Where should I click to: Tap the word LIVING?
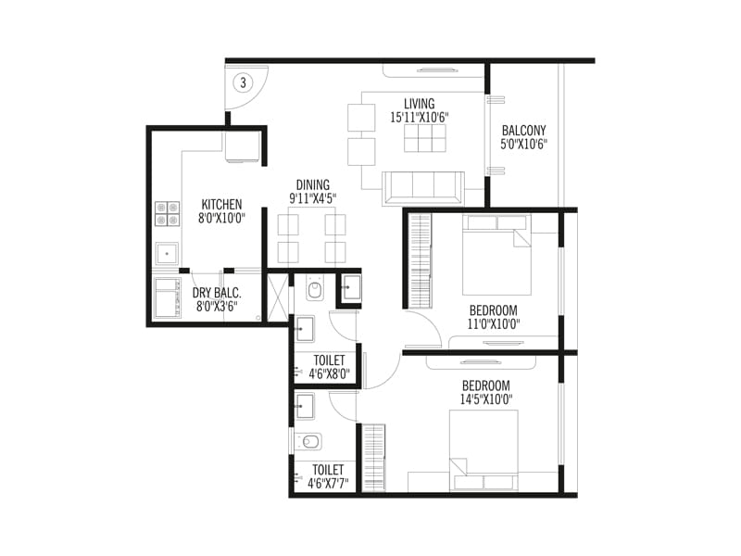point(420,103)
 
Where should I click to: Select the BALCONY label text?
point(523,131)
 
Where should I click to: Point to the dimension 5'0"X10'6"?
point(524,145)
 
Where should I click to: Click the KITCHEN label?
point(222,205)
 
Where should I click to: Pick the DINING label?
point(312,184)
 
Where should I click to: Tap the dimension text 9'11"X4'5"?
point(312,198)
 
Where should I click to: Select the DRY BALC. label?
point(217,293)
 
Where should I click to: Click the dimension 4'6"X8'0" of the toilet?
point(329,375)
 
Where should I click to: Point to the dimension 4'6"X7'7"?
point(329,483)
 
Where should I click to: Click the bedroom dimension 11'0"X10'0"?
point(493,324)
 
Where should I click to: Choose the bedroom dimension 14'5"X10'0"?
point(487,398)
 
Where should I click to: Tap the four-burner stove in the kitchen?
point(168,214)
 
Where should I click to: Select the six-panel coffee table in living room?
point(426,137)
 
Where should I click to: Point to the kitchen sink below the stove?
point(168,252)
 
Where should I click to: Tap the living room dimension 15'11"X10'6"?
point(420,117)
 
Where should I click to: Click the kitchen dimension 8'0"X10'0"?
point(222,219)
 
